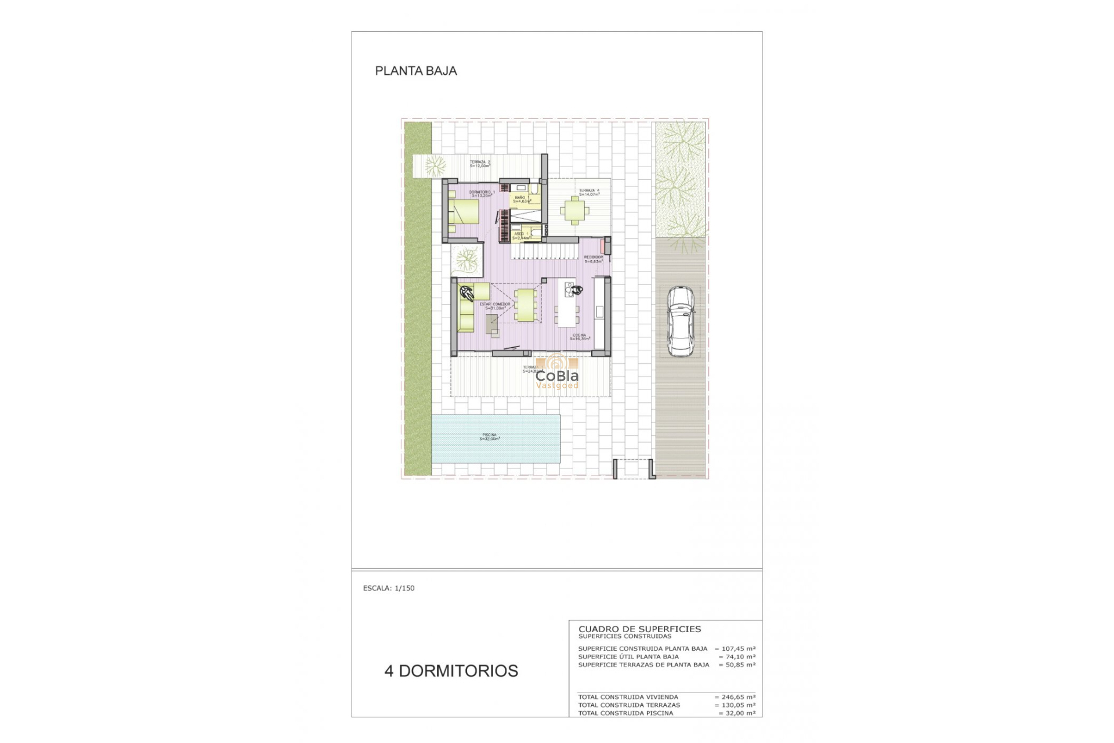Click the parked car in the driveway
pos(680,321)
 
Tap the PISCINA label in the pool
pos(490,437)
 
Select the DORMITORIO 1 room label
pos(482,193)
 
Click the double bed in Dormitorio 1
pos(466,212)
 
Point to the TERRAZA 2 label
pos(480,164)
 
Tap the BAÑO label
pos(521,199)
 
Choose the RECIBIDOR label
pos(594,259)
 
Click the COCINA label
pos(580,337)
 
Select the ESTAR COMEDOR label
pos(495,306)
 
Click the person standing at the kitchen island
pos(574,290)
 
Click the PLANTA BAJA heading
pos(416,71)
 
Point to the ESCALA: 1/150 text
pos(389,588)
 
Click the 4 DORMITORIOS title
pos(451,670)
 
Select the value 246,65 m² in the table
pos(735,697)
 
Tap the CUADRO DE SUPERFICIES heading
pos(639,629)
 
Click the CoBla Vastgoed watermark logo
pos(556,374)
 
